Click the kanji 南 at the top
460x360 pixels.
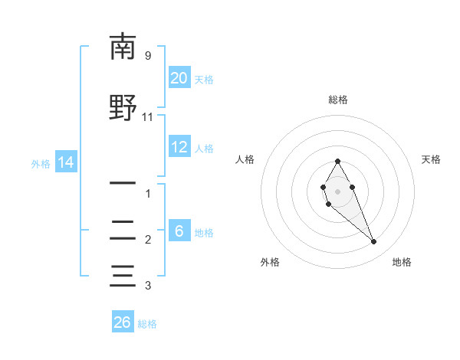pyautogui.click(x=123, y=47)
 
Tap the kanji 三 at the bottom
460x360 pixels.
pyautogui.click(x=123, y=275)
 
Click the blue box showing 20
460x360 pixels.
pyautogui.click(x=179, y=78)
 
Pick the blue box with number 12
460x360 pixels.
pyautogui.click(x=179, y=147)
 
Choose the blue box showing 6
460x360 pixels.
pyautogui.click(x=179, y=231)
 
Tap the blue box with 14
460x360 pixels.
pyautogui.click(x=65, y=162)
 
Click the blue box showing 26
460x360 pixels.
pyautogui.click(x=122, y=322)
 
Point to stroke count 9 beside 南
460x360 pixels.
pyautogui.click(x=148, y=56)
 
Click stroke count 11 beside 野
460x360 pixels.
pyautogui.click(x=148, y=117)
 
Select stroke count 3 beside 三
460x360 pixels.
pyautogui.click(x=148, y=286)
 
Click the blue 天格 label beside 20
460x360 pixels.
pyautogui.click(x=204, y=80)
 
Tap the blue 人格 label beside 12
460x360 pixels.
pyautogui.click(x=204, y=149)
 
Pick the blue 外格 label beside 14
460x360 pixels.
pyautogui.click(x=41, y=164)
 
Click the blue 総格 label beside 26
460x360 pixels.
pyautogui.click(x=147, y=324)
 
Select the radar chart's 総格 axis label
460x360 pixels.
pyautogui.click(x=337, y=100)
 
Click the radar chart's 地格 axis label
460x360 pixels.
pyautogui.click(x=402, y=262)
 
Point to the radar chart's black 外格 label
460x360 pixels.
pyautogui.click(x=270, y=262)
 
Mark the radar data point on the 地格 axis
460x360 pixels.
pyautogui.click(x=374, y=242)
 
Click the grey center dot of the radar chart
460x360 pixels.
pyautogui.click(x=337, y=191)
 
